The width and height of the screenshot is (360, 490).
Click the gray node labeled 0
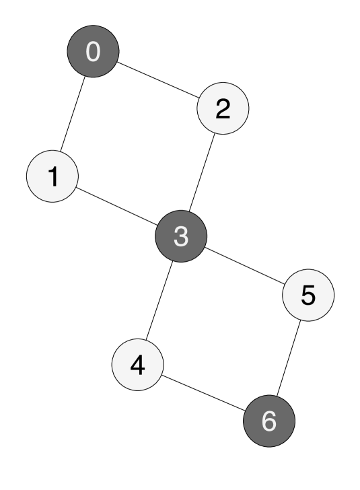coord(93,52)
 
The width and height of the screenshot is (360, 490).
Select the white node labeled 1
coord(52,176)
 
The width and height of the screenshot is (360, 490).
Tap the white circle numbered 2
coord(223,108)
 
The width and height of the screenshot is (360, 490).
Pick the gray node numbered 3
coord(181,236)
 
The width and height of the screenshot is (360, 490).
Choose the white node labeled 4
coord(138,365)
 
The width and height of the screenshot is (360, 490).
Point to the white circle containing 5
coord(308,295)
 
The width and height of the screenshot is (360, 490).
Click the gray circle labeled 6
coord(269,421)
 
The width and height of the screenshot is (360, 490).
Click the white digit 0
coord(93,52)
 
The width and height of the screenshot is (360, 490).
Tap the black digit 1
coord(52,176)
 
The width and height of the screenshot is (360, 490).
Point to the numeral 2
coord(223,108)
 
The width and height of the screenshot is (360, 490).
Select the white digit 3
coord(181,236)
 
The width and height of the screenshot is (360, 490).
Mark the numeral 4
coord(138,365)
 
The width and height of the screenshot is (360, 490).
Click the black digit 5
coord(308,295)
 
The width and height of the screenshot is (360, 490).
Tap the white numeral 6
coord(269,421)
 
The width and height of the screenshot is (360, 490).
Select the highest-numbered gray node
coord(269,421)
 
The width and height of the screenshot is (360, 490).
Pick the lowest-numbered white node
coord(52,176)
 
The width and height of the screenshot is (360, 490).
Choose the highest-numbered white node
coord(308,295)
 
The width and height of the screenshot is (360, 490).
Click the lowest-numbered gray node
coord(93,52)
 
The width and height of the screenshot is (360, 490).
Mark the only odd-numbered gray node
coord(181,236)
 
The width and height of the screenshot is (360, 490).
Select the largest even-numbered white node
coord(138,365)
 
